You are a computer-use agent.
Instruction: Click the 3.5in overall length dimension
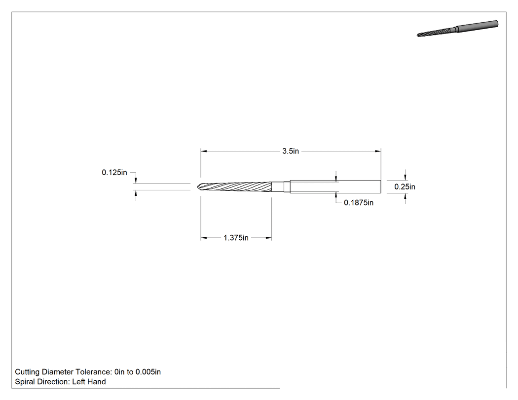point(291,151)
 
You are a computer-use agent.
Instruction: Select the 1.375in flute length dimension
point(236,238)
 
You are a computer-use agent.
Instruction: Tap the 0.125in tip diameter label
point(114,173)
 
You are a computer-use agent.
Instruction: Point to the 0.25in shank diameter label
point(405,187)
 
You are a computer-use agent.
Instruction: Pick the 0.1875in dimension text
point(359,203)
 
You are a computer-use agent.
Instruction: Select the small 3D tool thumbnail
point(457,29)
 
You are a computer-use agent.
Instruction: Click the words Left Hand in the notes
point(89,382)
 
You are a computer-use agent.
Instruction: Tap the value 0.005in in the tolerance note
point(148,372)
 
